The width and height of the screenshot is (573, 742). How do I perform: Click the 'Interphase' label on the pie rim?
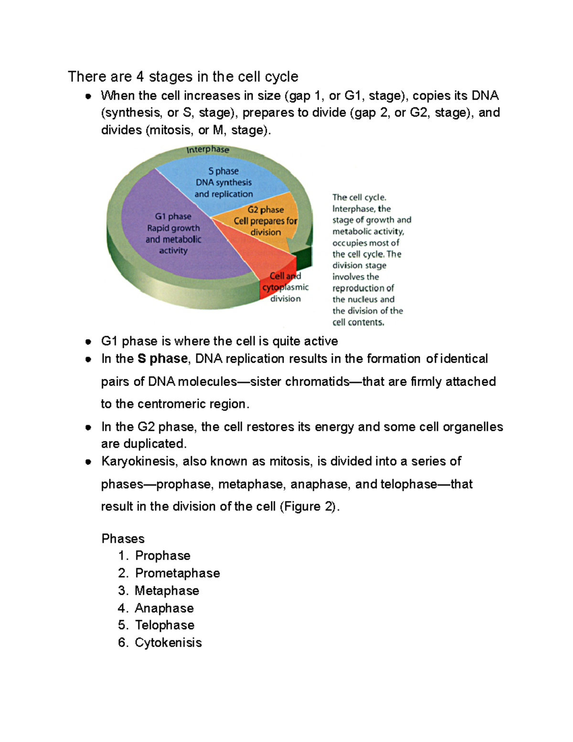208,150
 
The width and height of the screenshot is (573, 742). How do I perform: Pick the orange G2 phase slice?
265,221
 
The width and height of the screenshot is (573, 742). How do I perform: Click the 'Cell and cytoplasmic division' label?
286,287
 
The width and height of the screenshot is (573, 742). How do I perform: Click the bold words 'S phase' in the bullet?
162,359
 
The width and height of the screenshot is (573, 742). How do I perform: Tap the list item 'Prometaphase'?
178,573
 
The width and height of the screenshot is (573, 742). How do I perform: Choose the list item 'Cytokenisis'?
168,643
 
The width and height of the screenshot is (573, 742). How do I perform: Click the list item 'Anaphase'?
164,608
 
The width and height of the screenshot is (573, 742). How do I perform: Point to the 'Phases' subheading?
123,539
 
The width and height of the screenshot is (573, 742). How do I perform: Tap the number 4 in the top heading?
140,76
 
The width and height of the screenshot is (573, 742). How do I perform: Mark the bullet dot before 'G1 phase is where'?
88,342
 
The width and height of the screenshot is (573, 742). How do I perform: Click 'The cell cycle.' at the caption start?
359,197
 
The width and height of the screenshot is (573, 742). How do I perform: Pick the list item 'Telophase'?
165,625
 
